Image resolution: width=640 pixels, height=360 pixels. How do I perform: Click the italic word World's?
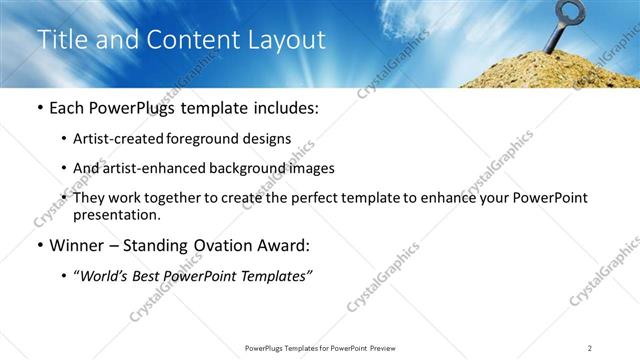tap(106, 275)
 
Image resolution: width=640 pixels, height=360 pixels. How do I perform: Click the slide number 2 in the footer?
tap(590, 347)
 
